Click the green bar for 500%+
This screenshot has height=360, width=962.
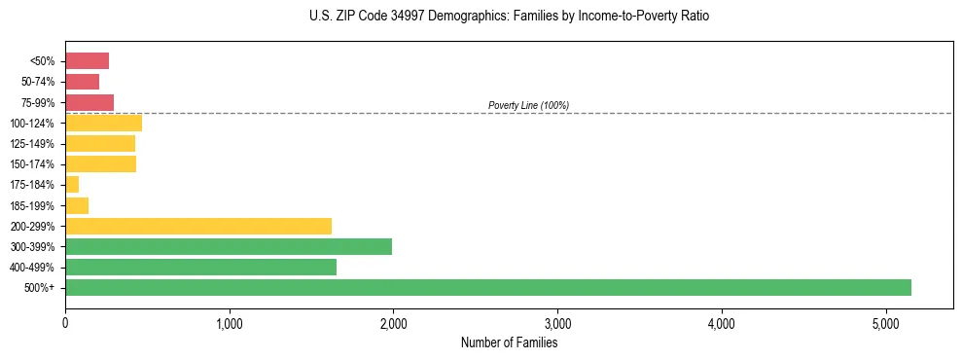(487, 288)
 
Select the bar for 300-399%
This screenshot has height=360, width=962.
(229, 247)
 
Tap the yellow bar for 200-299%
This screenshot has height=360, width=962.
(198, 227)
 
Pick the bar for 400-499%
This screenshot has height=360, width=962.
(200, 268)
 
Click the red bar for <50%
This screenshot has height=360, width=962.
(87, 61)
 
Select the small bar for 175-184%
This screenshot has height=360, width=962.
(72, 185)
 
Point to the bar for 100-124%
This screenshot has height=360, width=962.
(103, 124)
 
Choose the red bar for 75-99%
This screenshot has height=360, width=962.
(89, 102)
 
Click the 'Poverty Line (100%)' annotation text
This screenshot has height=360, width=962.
(528, 105)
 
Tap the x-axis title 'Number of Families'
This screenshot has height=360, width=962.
(509, 342)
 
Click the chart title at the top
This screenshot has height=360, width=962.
(510, 17)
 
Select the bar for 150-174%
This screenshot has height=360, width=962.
(100, 164)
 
